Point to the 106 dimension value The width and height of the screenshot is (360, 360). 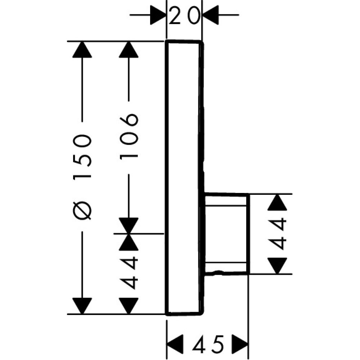pyautogui.click(x=129, y=136)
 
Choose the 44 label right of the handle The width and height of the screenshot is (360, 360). pyautogui.click(x=279, y=234)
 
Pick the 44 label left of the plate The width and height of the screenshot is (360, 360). pyautogui.click(x=129, y=272)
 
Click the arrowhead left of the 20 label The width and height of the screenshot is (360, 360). pyautogui.click(x=158, y=15)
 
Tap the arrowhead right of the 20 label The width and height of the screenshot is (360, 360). pyautogui.click(x=211, y=15)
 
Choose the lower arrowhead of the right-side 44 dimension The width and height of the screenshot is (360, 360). pyautogui.click(x=279, y=266)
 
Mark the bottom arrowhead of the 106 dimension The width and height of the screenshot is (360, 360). pyautogui.click(x=129, y=226)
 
